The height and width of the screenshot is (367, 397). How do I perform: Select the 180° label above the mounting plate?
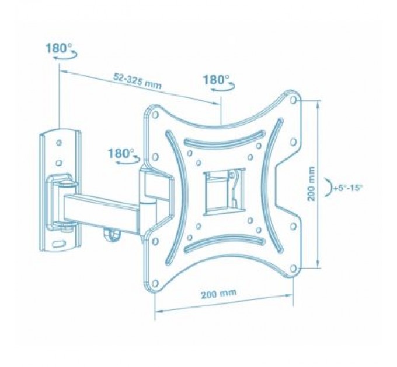pyautogui.click(x=215, y=80)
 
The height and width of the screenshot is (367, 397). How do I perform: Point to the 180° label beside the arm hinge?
pyautogui.click(x=120, y=153)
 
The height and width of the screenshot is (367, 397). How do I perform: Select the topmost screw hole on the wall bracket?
pyautogui.click(x=58, y=140)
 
